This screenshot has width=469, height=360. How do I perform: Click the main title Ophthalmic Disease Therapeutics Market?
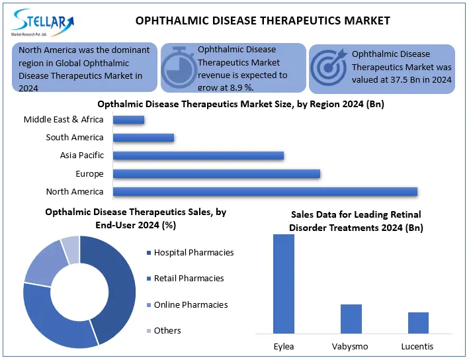tap(263, 21)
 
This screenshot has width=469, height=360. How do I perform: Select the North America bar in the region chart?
tap(265, 192)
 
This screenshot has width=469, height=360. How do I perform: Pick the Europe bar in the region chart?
tap(216, 174)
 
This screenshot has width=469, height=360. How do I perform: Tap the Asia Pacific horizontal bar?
tap(198, 156)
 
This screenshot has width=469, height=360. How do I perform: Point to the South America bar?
tap(143, 138)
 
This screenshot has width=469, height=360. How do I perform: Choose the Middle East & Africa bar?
tap(128, 120)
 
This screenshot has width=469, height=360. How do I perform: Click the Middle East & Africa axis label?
tap(64, 120)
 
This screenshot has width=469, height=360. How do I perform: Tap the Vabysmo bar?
tap(351, 318)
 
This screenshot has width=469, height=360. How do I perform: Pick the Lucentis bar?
tap(418, 322)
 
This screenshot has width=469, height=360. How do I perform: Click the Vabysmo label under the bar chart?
tap(351, 347)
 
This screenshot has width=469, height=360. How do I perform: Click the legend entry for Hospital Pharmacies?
tap(193, 253)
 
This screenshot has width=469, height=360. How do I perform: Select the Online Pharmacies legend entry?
tap(191, 305)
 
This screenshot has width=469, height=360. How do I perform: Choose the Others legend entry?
tap(167, 331)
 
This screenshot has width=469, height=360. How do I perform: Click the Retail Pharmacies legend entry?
tap(189, 279)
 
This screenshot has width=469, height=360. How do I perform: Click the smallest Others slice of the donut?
tap(70, 248)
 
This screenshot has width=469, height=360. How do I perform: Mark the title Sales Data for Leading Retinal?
tap(356, 214)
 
